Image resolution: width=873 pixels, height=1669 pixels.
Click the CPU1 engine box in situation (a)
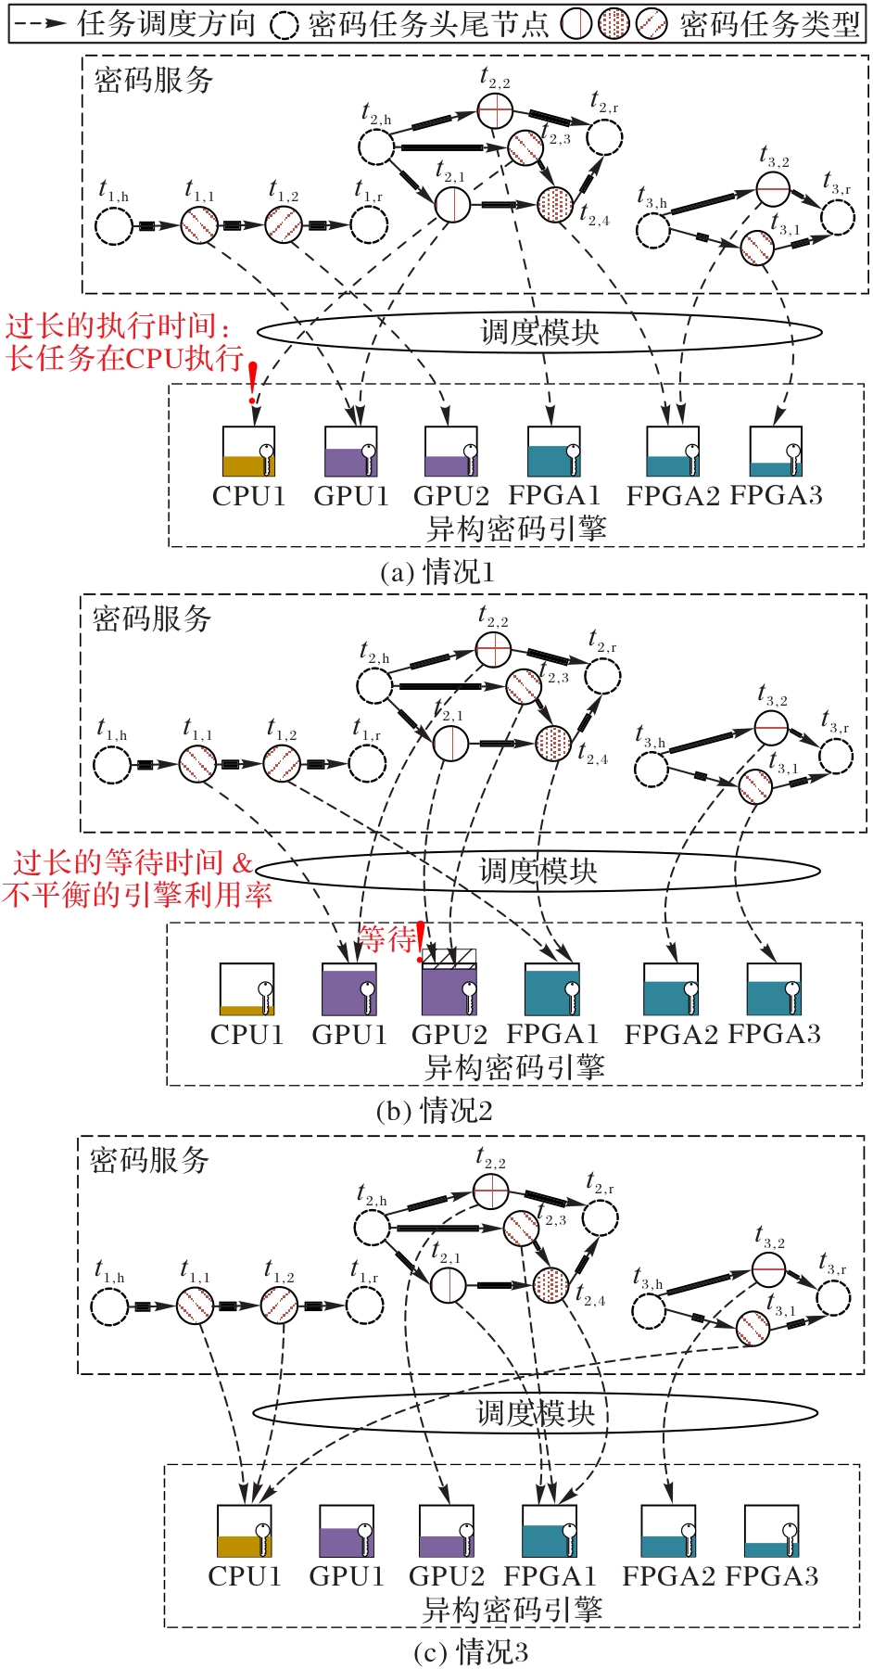point(248,452)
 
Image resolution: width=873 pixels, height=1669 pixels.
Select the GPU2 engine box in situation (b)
point(449,987)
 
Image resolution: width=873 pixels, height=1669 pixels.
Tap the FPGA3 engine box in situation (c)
point(771,1530)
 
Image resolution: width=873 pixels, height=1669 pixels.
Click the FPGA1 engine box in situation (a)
point(554,452)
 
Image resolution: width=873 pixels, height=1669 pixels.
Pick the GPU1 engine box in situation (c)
point(347,1530)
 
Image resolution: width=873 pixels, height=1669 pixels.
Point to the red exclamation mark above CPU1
point(252,381)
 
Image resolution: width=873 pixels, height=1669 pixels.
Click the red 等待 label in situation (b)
point(387,939)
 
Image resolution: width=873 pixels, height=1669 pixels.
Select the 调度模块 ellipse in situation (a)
point(539,332)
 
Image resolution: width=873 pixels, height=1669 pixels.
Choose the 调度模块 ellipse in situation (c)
point(535,1413)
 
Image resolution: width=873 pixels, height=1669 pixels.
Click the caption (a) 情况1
point(437,571)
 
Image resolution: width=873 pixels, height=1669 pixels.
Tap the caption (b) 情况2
point(435,1110)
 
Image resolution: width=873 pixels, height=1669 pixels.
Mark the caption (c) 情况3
point(471,1650)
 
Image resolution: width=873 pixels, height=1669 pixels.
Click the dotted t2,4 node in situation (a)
point(555,203)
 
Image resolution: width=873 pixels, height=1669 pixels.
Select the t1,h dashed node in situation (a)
point(114,225)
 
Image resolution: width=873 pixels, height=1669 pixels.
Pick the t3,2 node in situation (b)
point(770,729)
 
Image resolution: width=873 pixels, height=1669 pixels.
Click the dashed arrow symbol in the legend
point(41,23)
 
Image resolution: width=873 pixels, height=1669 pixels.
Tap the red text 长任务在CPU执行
point(125,358)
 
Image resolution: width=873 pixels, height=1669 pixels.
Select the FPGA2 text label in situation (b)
point(671,1034)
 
